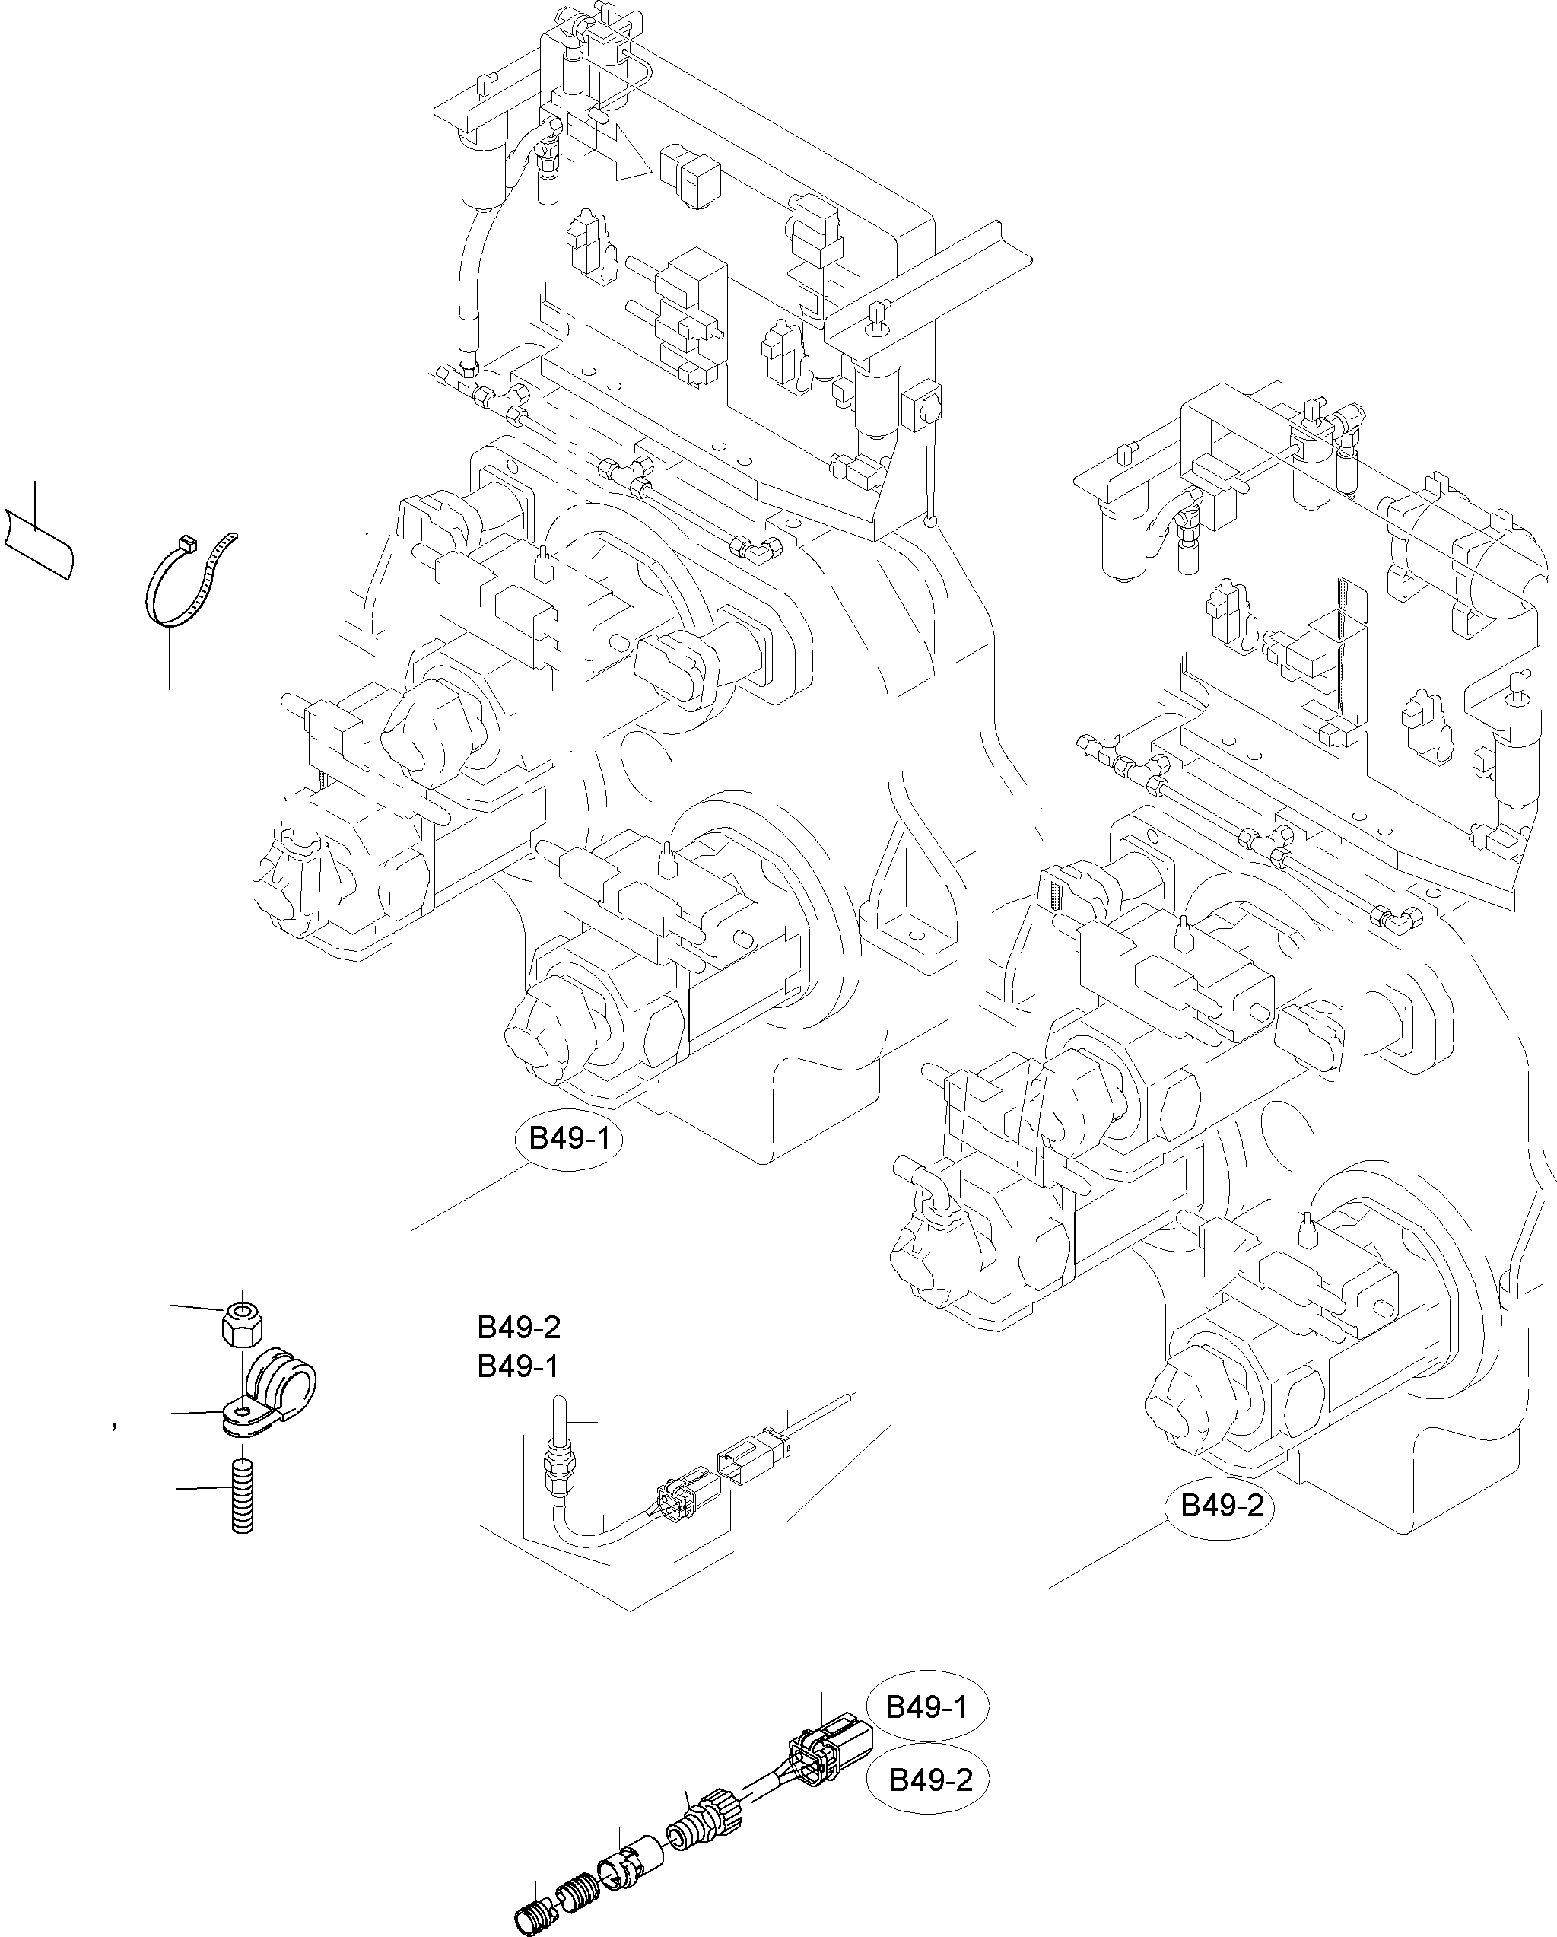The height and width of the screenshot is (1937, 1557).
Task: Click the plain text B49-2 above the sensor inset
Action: click(519, 1328)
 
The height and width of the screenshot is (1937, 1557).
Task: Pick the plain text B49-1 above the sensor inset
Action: click(519, 1366)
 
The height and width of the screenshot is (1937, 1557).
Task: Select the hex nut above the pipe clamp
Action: click(240, 1325)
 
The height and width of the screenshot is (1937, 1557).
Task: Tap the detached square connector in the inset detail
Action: click(744, 1465)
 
